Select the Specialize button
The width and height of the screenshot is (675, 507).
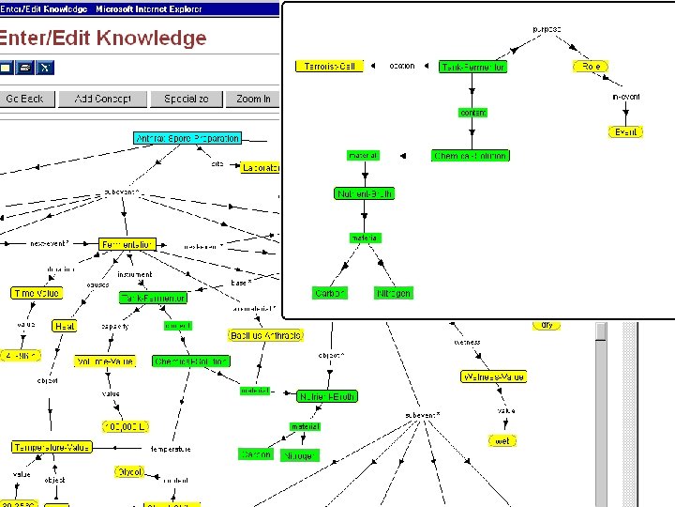(x=187, y=99)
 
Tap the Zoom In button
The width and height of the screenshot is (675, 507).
(x=253, y=99)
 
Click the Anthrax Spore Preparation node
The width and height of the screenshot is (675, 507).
(x=187, y=138)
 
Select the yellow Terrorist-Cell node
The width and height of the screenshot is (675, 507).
(x=328, y=67)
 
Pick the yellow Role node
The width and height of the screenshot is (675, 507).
(x=591, y=67)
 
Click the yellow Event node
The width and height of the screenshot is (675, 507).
(x=625, y=132)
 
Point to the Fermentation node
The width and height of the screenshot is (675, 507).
(x=127, y=244)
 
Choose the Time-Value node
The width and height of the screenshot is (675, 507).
(x=37, y=294)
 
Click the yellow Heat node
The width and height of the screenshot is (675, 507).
(x=65, y=326)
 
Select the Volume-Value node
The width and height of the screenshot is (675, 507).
(x=104, y=361)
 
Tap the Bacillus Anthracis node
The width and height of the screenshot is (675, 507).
(x=265, y=335)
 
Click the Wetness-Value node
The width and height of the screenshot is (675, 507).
(x=493, y=376)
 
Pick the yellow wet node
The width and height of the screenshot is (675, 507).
(x=503, y=440)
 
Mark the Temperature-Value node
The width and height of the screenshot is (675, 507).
(x=52, y=448)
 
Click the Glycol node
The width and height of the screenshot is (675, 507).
(x=129, y=471)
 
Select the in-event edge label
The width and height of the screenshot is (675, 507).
(x=625, y=97)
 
